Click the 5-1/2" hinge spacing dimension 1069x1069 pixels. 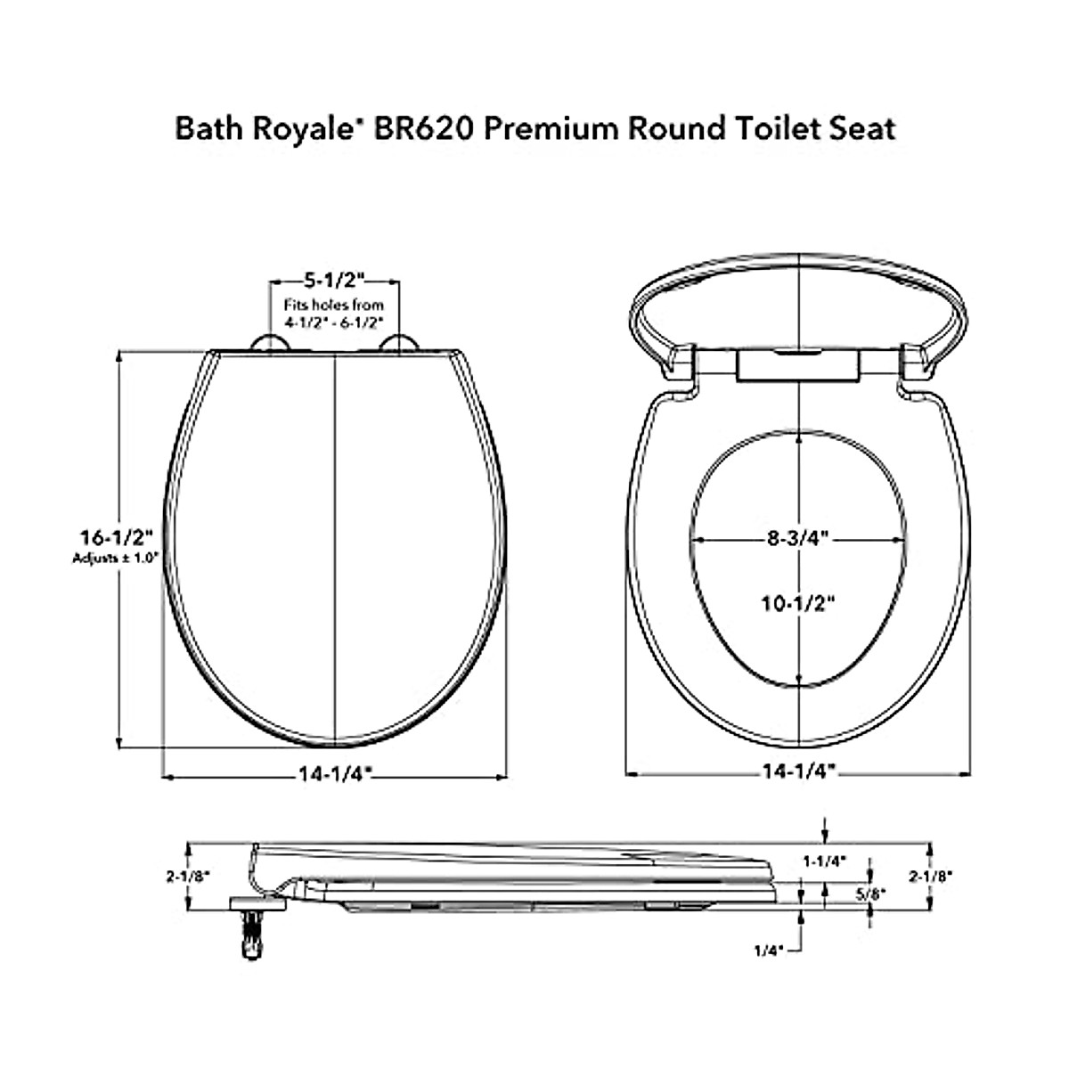click(x=334, y=281)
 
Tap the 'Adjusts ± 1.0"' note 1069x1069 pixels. click(x=114, y=559)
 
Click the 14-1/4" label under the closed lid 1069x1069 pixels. click(x=334, y=774)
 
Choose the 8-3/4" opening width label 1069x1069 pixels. click(x=798, y=538)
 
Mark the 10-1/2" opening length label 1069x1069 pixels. click(x=798, y=603)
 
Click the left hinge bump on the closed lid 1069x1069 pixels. click(x=268, y=344)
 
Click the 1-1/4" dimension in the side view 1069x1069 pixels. click(x=824, y=861)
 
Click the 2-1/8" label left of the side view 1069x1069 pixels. click(x=187, y=877)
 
